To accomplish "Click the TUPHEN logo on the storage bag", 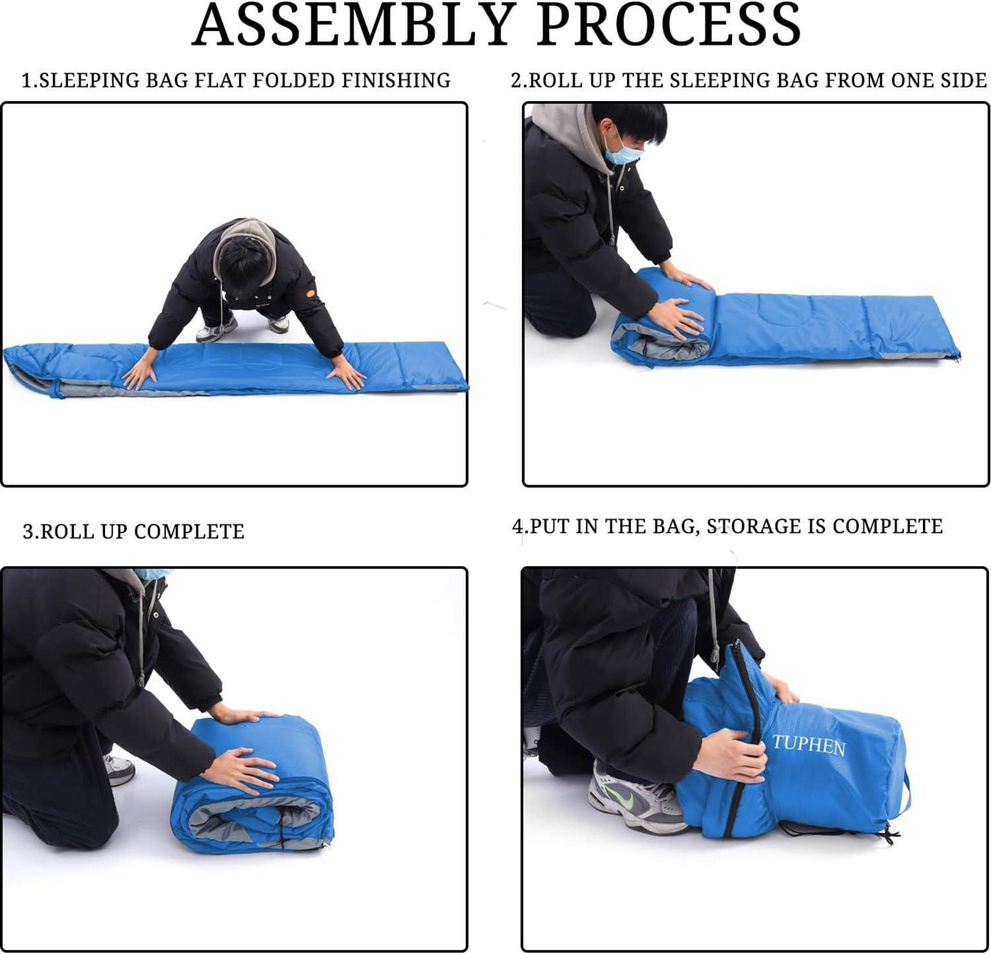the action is tap(809, 745).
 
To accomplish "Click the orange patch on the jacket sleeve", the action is tap(310, 293).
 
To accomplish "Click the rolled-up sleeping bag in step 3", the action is tap(253, 784).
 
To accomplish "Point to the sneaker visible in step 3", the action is tap(119, 769).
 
